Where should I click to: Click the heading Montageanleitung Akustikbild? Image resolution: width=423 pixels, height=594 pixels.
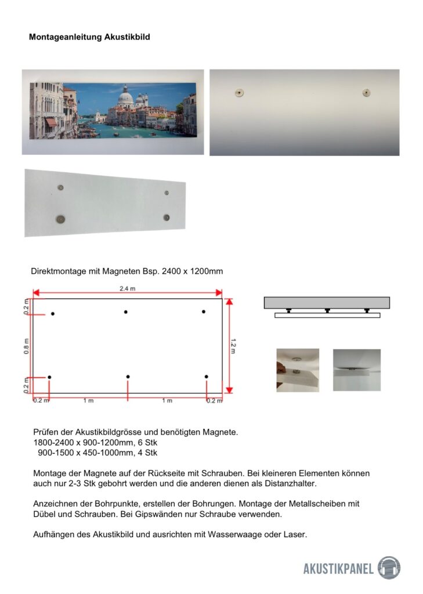click(89, 37)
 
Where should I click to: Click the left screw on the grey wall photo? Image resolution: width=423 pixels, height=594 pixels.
click(240, 92)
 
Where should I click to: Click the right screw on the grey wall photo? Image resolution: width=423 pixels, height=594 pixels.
click(366, 92)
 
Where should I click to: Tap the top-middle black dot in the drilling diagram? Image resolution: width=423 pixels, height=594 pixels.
click(126, 312)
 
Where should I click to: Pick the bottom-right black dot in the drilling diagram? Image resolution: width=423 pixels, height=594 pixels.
click(207, 377)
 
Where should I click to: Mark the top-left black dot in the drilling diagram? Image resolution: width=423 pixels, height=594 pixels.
click(53, 314)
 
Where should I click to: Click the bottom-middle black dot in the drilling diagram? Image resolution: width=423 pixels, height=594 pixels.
click(128, 377)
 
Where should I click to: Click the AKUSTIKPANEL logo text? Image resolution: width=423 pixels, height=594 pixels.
click(338, 568)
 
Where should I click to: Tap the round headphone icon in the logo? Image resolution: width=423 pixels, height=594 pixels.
click(389, 567)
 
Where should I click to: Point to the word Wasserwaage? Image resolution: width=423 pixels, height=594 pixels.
click(241, 534)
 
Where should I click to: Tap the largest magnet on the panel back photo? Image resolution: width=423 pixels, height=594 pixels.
click(60, 219)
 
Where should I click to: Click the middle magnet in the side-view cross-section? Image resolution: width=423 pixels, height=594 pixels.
click(327, 311)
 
